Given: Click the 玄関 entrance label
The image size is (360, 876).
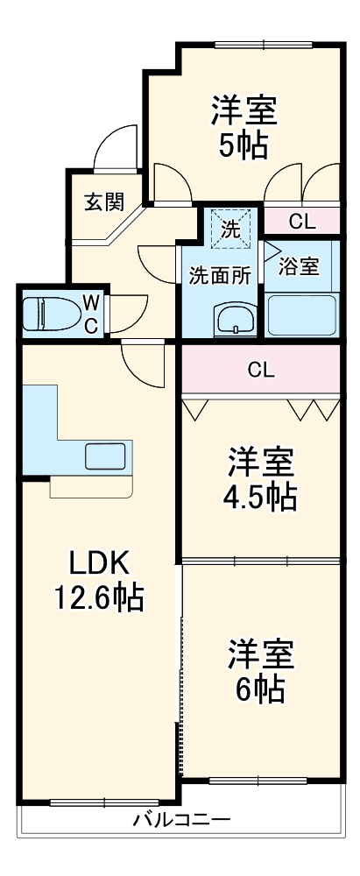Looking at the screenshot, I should point(103,202).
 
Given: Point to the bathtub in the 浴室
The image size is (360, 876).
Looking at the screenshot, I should point(301,314).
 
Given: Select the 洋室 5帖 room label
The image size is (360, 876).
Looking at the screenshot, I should point(243,128).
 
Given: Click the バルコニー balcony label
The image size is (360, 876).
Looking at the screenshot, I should point(181,821).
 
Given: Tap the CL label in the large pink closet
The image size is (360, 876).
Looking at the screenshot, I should point(260,370).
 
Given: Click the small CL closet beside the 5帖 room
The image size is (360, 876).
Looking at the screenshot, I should point(301,222).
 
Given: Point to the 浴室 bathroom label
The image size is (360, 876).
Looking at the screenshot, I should point(300,267).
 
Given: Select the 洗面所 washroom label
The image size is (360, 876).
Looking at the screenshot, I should point(221,274).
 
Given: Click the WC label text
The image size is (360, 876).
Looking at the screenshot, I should point(90,314).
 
